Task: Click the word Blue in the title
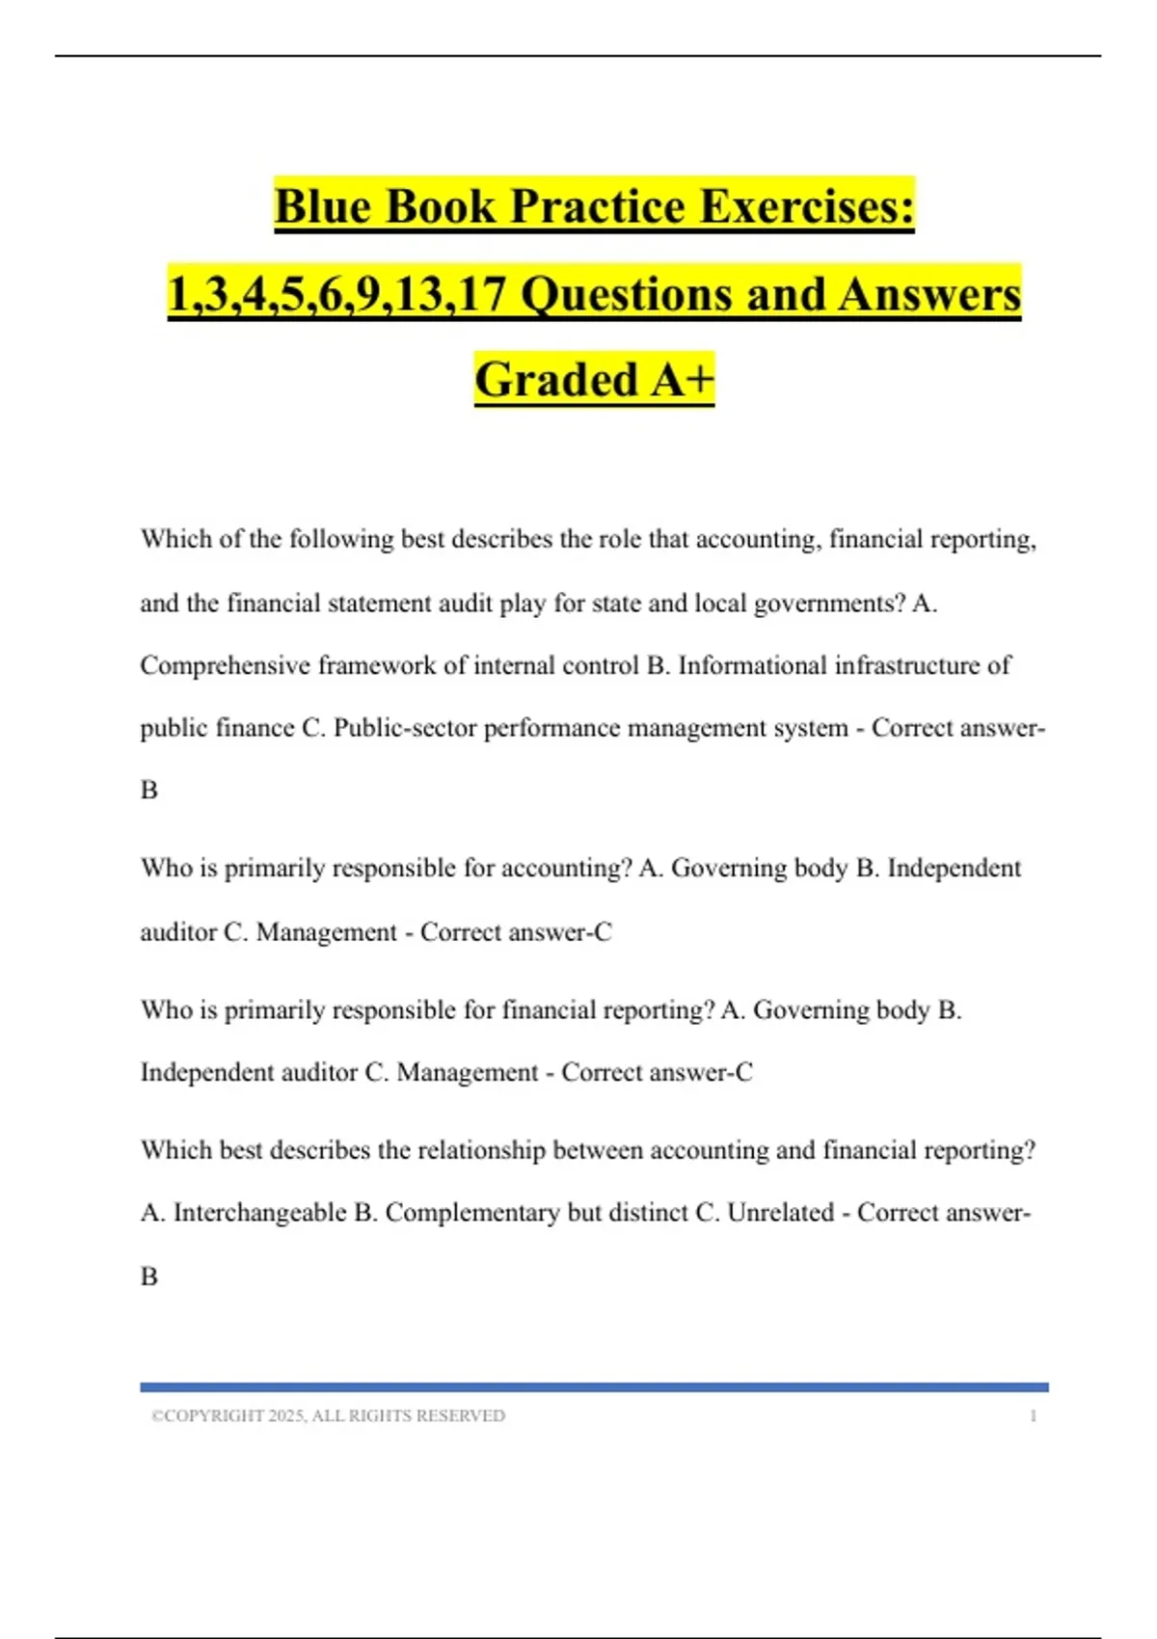click(322, 206)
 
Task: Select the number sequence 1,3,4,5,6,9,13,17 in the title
click(337, 294)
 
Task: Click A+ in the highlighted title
click(683, 379)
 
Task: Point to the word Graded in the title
click(556, 379)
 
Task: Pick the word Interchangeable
click(259, 1212)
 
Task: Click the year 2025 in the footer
click(286, 1416)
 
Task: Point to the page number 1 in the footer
click(1034, 1416)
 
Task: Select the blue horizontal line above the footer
click(594, 1387)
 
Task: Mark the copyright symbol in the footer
click(156, 1416)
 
